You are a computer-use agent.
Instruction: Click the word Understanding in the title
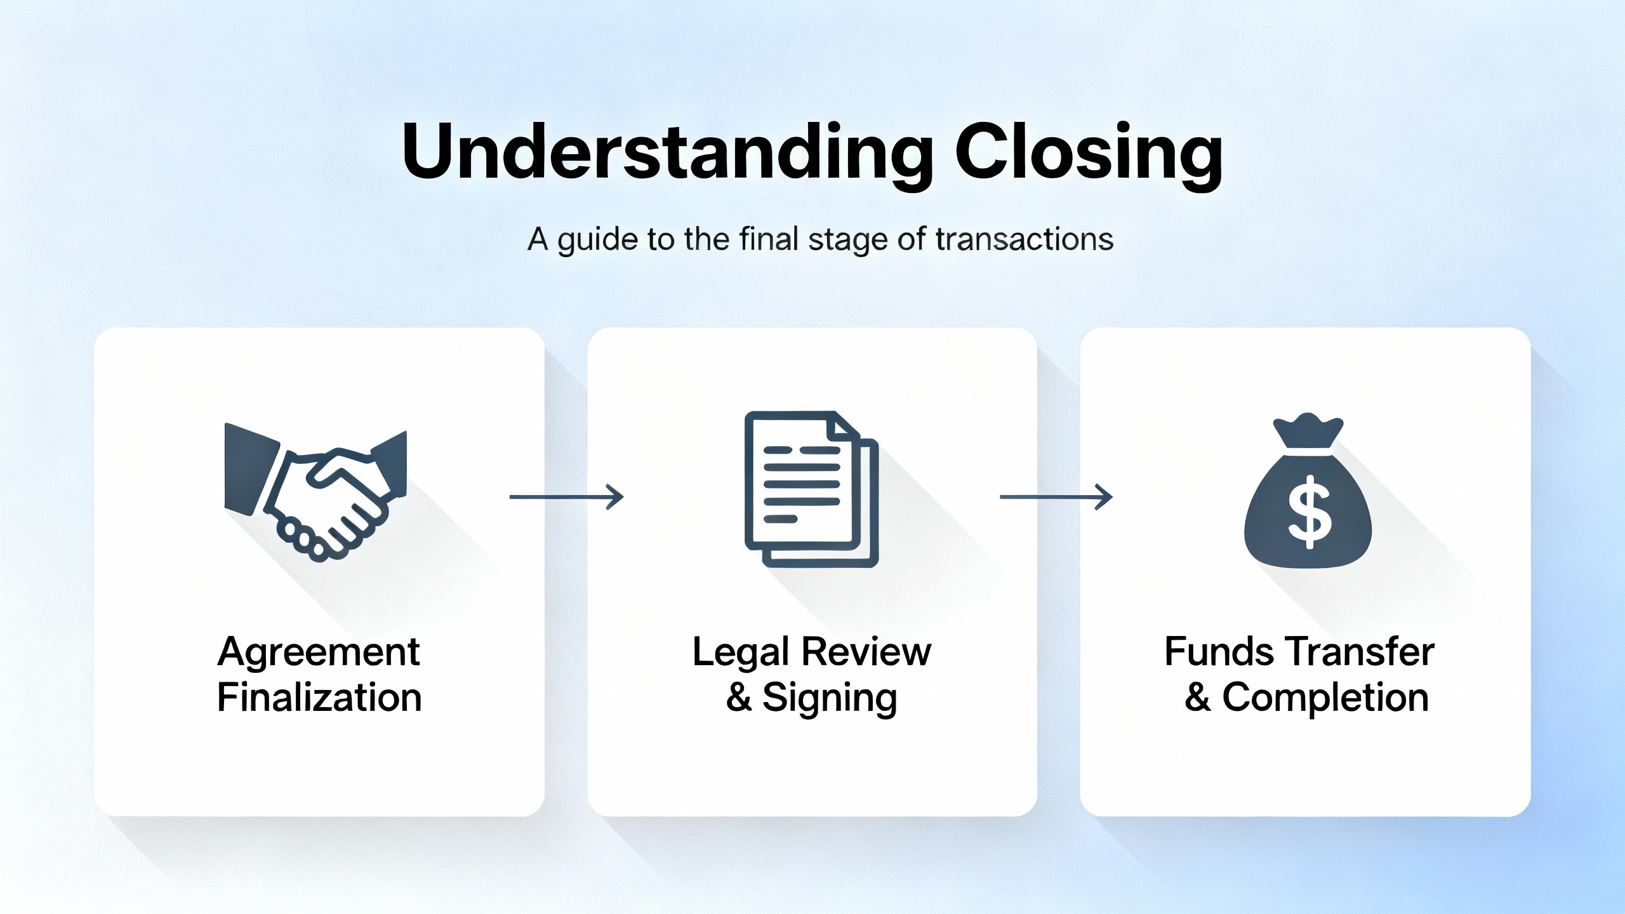click(667, 152)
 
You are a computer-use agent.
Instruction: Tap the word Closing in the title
click(1089, 152)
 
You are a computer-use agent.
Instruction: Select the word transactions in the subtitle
click(1025, 240)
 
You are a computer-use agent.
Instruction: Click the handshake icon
click(315, 492)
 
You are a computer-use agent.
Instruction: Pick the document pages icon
click(811, 489)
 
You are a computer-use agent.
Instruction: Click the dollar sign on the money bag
click(1308, 512)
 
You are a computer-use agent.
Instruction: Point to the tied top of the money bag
click(1308, 432)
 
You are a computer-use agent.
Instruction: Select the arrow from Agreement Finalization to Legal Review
click(566, 497)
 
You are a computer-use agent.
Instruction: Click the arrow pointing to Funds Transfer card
click(1056, 497)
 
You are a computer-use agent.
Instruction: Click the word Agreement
click(318, 652)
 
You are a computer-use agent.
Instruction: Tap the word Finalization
click(319, 698)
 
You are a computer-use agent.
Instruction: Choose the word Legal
click(741, 652)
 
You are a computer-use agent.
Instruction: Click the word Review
click(866, 652)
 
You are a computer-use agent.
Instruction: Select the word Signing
click(830, 698)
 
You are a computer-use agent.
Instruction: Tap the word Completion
click(1325, 698)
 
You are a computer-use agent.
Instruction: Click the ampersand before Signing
click(739, 698)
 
